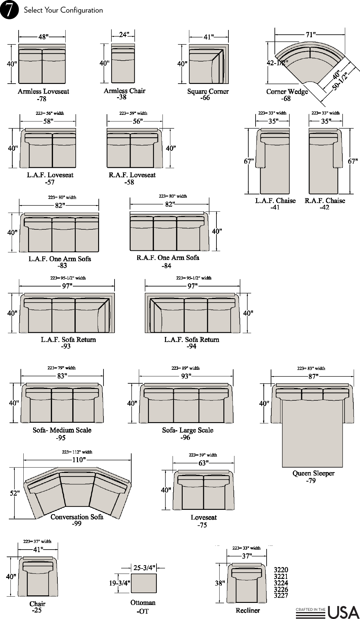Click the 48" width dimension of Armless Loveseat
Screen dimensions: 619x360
(43, 37)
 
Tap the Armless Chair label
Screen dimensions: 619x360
(124, 91)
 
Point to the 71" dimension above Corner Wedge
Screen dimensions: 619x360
(310, 35)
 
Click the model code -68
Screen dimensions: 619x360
(286, 98)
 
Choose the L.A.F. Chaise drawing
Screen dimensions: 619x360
(273, 161)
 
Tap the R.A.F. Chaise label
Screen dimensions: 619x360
(325, 201)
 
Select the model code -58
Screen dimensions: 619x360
(129, 182)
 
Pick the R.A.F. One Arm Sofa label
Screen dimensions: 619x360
(168, 258)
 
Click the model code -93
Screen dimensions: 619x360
(66, 346)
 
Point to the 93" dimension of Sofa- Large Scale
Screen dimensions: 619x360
(186, 376)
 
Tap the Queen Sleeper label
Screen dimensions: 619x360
(313, 473)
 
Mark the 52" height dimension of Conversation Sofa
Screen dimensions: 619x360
(15, 493)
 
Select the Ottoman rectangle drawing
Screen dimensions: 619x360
(144, 583)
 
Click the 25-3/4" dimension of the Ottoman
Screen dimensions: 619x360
(144, 568)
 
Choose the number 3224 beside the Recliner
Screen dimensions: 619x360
(281, 583)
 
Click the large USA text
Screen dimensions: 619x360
(344, 612)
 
